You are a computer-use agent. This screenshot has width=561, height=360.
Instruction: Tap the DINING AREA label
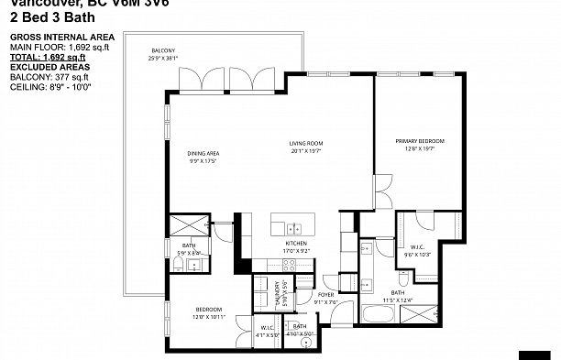click(202, 153)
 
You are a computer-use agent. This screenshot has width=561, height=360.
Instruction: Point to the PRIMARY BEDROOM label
click(420, 140)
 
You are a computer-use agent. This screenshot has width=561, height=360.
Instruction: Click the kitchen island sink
click(293, 228)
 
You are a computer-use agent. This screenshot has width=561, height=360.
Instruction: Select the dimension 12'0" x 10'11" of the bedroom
click(209, 318)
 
